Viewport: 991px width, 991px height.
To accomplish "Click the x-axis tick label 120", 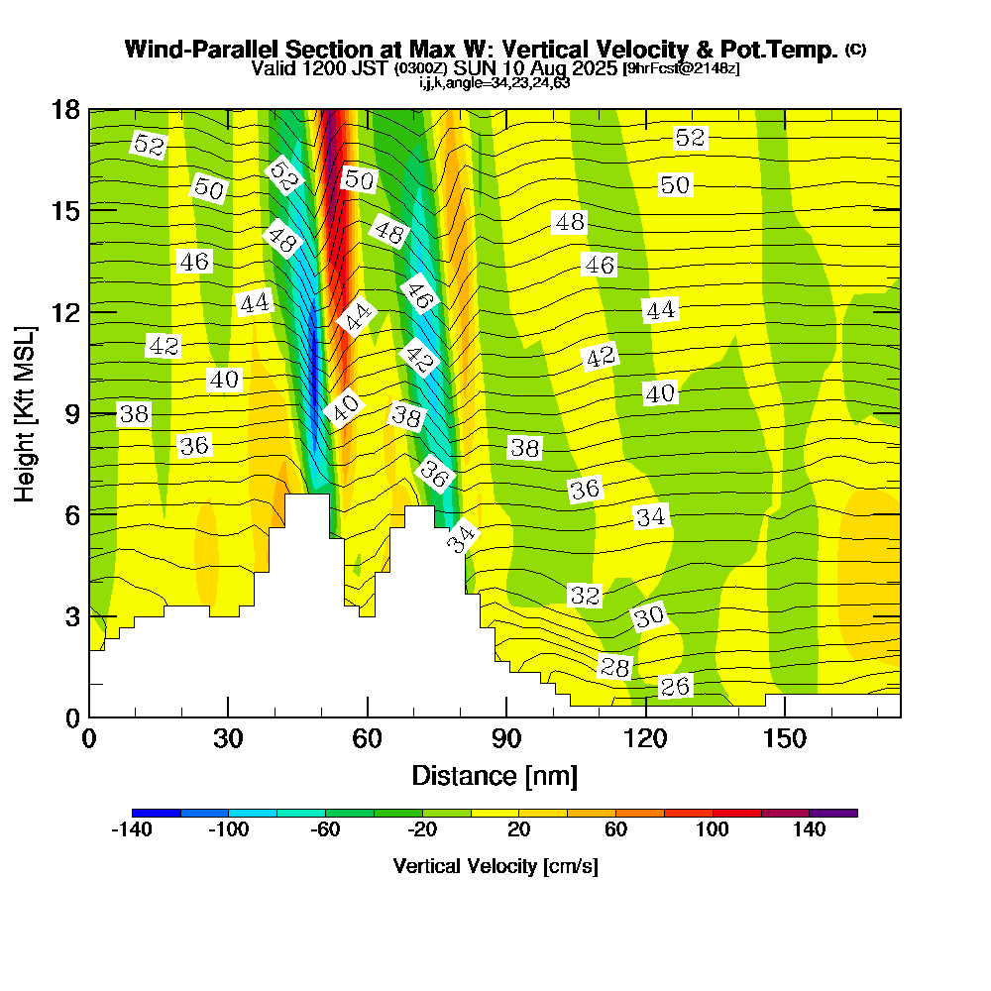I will click(645, 739).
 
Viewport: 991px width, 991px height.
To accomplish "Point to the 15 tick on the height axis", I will click(64, 210).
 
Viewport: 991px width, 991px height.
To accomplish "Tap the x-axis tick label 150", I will click(784, 739).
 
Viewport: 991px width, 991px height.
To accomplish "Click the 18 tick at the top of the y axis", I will click(64, 109).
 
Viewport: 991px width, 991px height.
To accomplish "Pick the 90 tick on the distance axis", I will click(506, 739).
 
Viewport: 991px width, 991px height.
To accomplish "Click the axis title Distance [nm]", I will click(495, 774).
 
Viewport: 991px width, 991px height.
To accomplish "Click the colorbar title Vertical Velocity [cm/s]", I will click(495, 866).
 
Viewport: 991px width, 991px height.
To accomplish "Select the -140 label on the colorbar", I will click(132, 830).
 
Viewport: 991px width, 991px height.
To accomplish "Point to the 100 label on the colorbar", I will click(713, 830).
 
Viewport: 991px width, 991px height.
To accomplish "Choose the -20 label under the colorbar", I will click(422, 830).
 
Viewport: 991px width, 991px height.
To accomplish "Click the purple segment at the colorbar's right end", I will click(833, 813).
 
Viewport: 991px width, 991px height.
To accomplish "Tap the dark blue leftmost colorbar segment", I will click(156, 813).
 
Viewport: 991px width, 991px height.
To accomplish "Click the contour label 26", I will click(675, 687).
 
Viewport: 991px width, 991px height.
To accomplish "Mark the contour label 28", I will click(614, 667).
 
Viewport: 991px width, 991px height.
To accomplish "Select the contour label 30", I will click(649, 616).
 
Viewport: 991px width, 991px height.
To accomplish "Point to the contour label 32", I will click(585, 595).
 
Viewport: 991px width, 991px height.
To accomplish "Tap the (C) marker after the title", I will click(856, 50).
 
